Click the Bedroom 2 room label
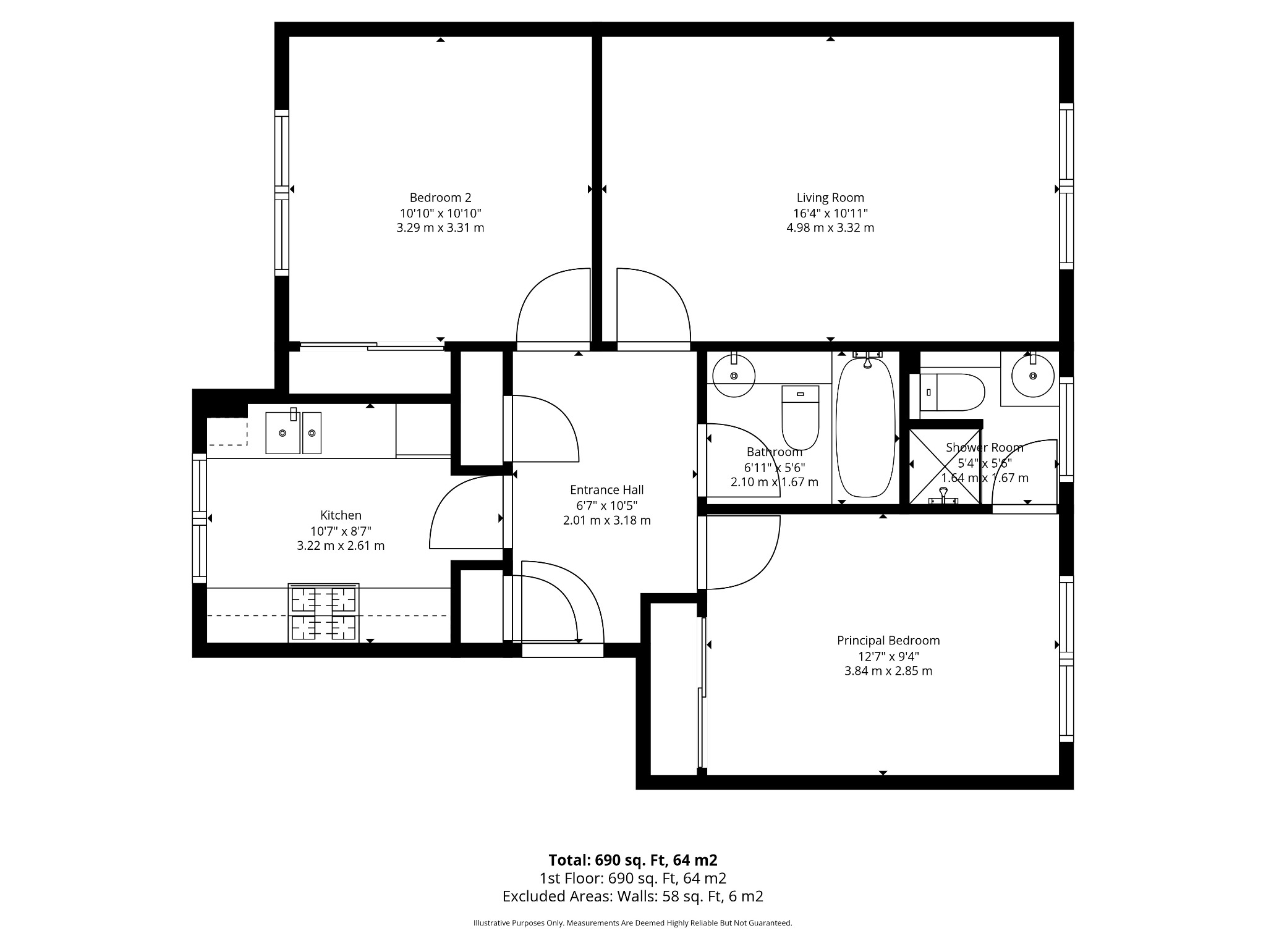point(440,198)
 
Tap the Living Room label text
point(830,198)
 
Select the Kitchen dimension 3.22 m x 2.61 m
point(341,546)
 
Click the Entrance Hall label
point(606,490)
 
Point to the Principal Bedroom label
point(888,641)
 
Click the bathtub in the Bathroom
point(865,426)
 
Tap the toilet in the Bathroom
point(801,418)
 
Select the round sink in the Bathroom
point(734,376)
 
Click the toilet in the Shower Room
point(952,392)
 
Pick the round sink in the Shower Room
point(1032,376)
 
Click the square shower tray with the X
point(945,465)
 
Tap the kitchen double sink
point(294,432)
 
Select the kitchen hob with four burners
point(323,612)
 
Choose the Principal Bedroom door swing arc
point(765,568)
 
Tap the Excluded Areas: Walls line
point(632,896)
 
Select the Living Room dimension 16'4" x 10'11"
point(830,213)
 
